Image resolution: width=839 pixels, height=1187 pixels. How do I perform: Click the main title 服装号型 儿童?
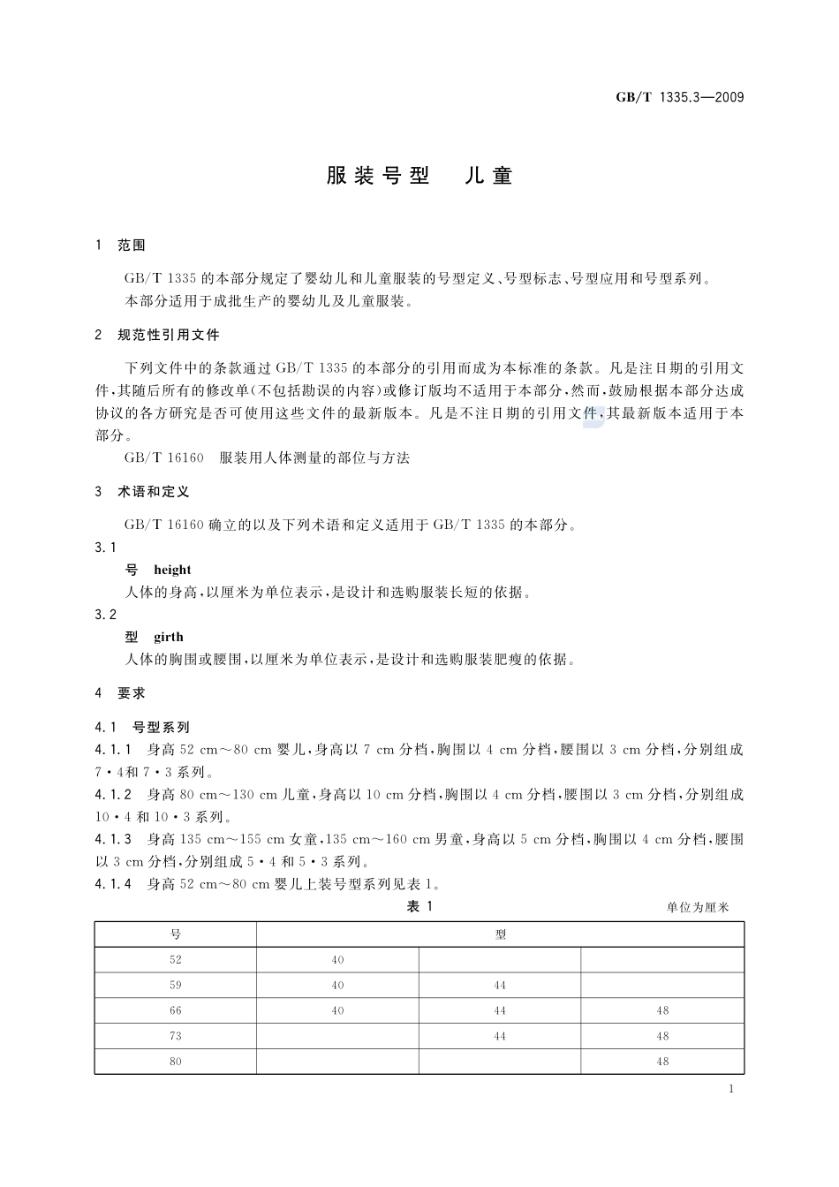click(x=419, y=176)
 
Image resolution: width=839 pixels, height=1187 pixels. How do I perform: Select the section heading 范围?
click(x=132, y=246)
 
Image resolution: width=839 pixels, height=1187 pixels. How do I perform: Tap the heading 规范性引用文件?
click(x=168, y=336)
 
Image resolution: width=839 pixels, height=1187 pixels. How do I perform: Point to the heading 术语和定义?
click(x=153, y=492)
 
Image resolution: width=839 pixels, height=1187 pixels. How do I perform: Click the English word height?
click(x=172, y=570)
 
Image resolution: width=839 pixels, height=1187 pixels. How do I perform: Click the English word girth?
click(x=169, y=637)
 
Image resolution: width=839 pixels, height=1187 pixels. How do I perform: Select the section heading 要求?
click(x=132, y=694)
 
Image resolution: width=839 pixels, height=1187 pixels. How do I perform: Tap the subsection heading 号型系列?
click(x=161, y=728)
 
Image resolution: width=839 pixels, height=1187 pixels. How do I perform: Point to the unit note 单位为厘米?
click(x=699, y=908)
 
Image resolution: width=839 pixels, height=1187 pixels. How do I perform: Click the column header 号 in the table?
click(x=175, y=934)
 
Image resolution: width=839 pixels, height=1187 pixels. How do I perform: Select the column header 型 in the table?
click(x=501, y=934)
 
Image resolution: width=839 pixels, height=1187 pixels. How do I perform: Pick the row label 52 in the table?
click(x=175, y=960)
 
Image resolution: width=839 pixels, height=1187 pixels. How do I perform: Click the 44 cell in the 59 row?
click(x=500, y=986)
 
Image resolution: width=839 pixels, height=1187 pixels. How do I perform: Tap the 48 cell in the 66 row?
click(x=662, y=1011)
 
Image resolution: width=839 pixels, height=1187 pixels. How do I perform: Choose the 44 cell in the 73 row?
click(x=500, y=1037)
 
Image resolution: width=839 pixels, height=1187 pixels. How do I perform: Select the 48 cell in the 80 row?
click(x=662, y=1062)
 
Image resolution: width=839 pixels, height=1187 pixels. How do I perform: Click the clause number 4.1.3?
click(x=113, y=839)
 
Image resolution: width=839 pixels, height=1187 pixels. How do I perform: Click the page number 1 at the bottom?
click(x=732, y=1089)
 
